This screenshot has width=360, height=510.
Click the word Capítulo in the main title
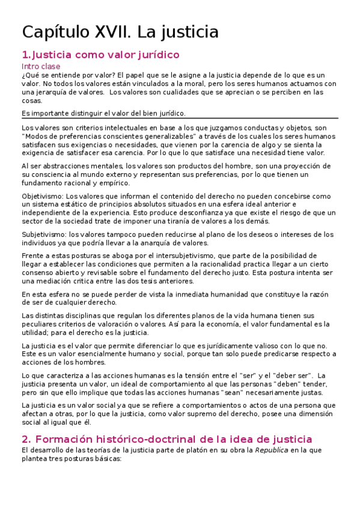[x=53, y=31]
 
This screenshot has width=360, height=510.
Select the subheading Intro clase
[x=41, y=66]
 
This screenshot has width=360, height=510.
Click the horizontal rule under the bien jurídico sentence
[x=180, y=118]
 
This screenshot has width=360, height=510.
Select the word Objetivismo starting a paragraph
[x=42, y=196]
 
